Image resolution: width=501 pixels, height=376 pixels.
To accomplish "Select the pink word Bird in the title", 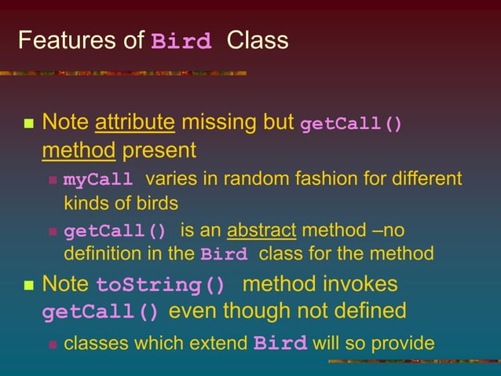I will (x=181, y=42).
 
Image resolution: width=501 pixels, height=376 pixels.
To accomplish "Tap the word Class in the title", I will (x=257, y=40).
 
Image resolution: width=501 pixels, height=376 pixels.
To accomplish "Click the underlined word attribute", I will (x=134, y=123).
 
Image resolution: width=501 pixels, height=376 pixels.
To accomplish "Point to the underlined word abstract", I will (x=261, y=231).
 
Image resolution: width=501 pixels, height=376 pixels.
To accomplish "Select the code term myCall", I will (x=97, y=180).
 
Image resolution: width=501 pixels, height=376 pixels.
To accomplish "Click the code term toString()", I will (x=160, y=285).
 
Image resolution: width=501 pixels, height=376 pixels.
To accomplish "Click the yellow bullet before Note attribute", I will (x=28, y=124).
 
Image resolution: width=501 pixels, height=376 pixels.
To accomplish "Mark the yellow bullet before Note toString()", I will (x=28, y=285).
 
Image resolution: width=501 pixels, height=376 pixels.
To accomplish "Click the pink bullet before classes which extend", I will (x=53, y=344).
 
